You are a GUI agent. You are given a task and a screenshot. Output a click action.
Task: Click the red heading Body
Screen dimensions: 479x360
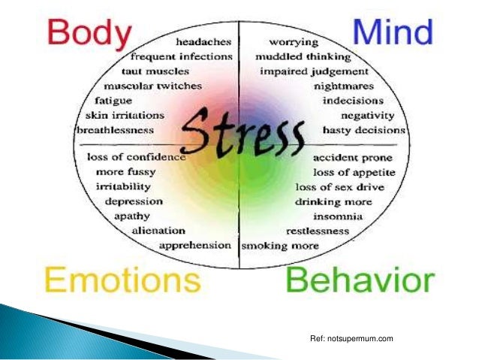[85, 36]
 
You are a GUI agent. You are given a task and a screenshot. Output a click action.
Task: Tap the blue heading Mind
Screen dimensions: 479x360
[393, 33]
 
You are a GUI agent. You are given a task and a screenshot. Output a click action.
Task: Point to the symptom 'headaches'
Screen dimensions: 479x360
[202, 42]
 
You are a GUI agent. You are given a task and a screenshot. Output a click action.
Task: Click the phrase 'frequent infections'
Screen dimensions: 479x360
[180, 56]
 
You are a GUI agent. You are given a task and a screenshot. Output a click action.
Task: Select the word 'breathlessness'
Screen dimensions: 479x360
[116, 129]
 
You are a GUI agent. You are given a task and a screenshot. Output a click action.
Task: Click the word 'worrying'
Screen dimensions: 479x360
[294, 42]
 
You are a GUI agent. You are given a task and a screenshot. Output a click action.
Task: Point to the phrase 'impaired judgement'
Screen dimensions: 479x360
[315, 71]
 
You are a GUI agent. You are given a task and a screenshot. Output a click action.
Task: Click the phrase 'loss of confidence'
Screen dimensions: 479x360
[136, 157]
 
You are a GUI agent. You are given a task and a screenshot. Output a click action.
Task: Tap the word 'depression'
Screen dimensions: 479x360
[134, 201]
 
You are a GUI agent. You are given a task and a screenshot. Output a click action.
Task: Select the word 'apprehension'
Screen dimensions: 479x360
[195, 245]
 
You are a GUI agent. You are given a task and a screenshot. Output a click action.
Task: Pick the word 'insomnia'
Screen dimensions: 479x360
[339, 216]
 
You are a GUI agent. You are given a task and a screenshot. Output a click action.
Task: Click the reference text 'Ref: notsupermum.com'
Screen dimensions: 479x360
[351, 342]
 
